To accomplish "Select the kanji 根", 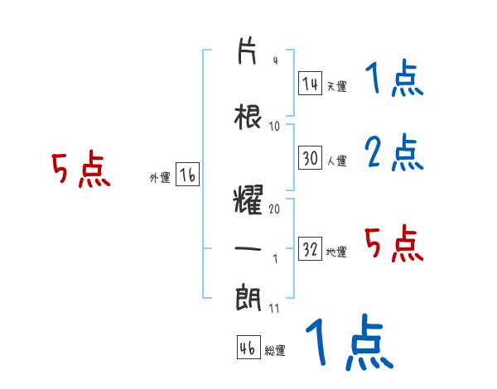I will (x=248, y=118).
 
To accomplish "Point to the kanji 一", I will (x=248, y=250).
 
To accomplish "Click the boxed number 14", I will (x=310, y=84).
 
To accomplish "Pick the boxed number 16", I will (x=188, y=176).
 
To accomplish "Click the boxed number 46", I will (x=248, y=348).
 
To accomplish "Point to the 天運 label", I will (x=336, y=85).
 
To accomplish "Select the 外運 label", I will (x=159, y=178).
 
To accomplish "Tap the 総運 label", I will (x=275, y=351).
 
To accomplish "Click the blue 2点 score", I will (x=393, y=152).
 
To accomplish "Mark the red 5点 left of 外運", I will (x=81, y=170).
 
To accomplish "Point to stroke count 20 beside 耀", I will (x=275, y=209).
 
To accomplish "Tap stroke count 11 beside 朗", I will (x=274, y=309).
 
